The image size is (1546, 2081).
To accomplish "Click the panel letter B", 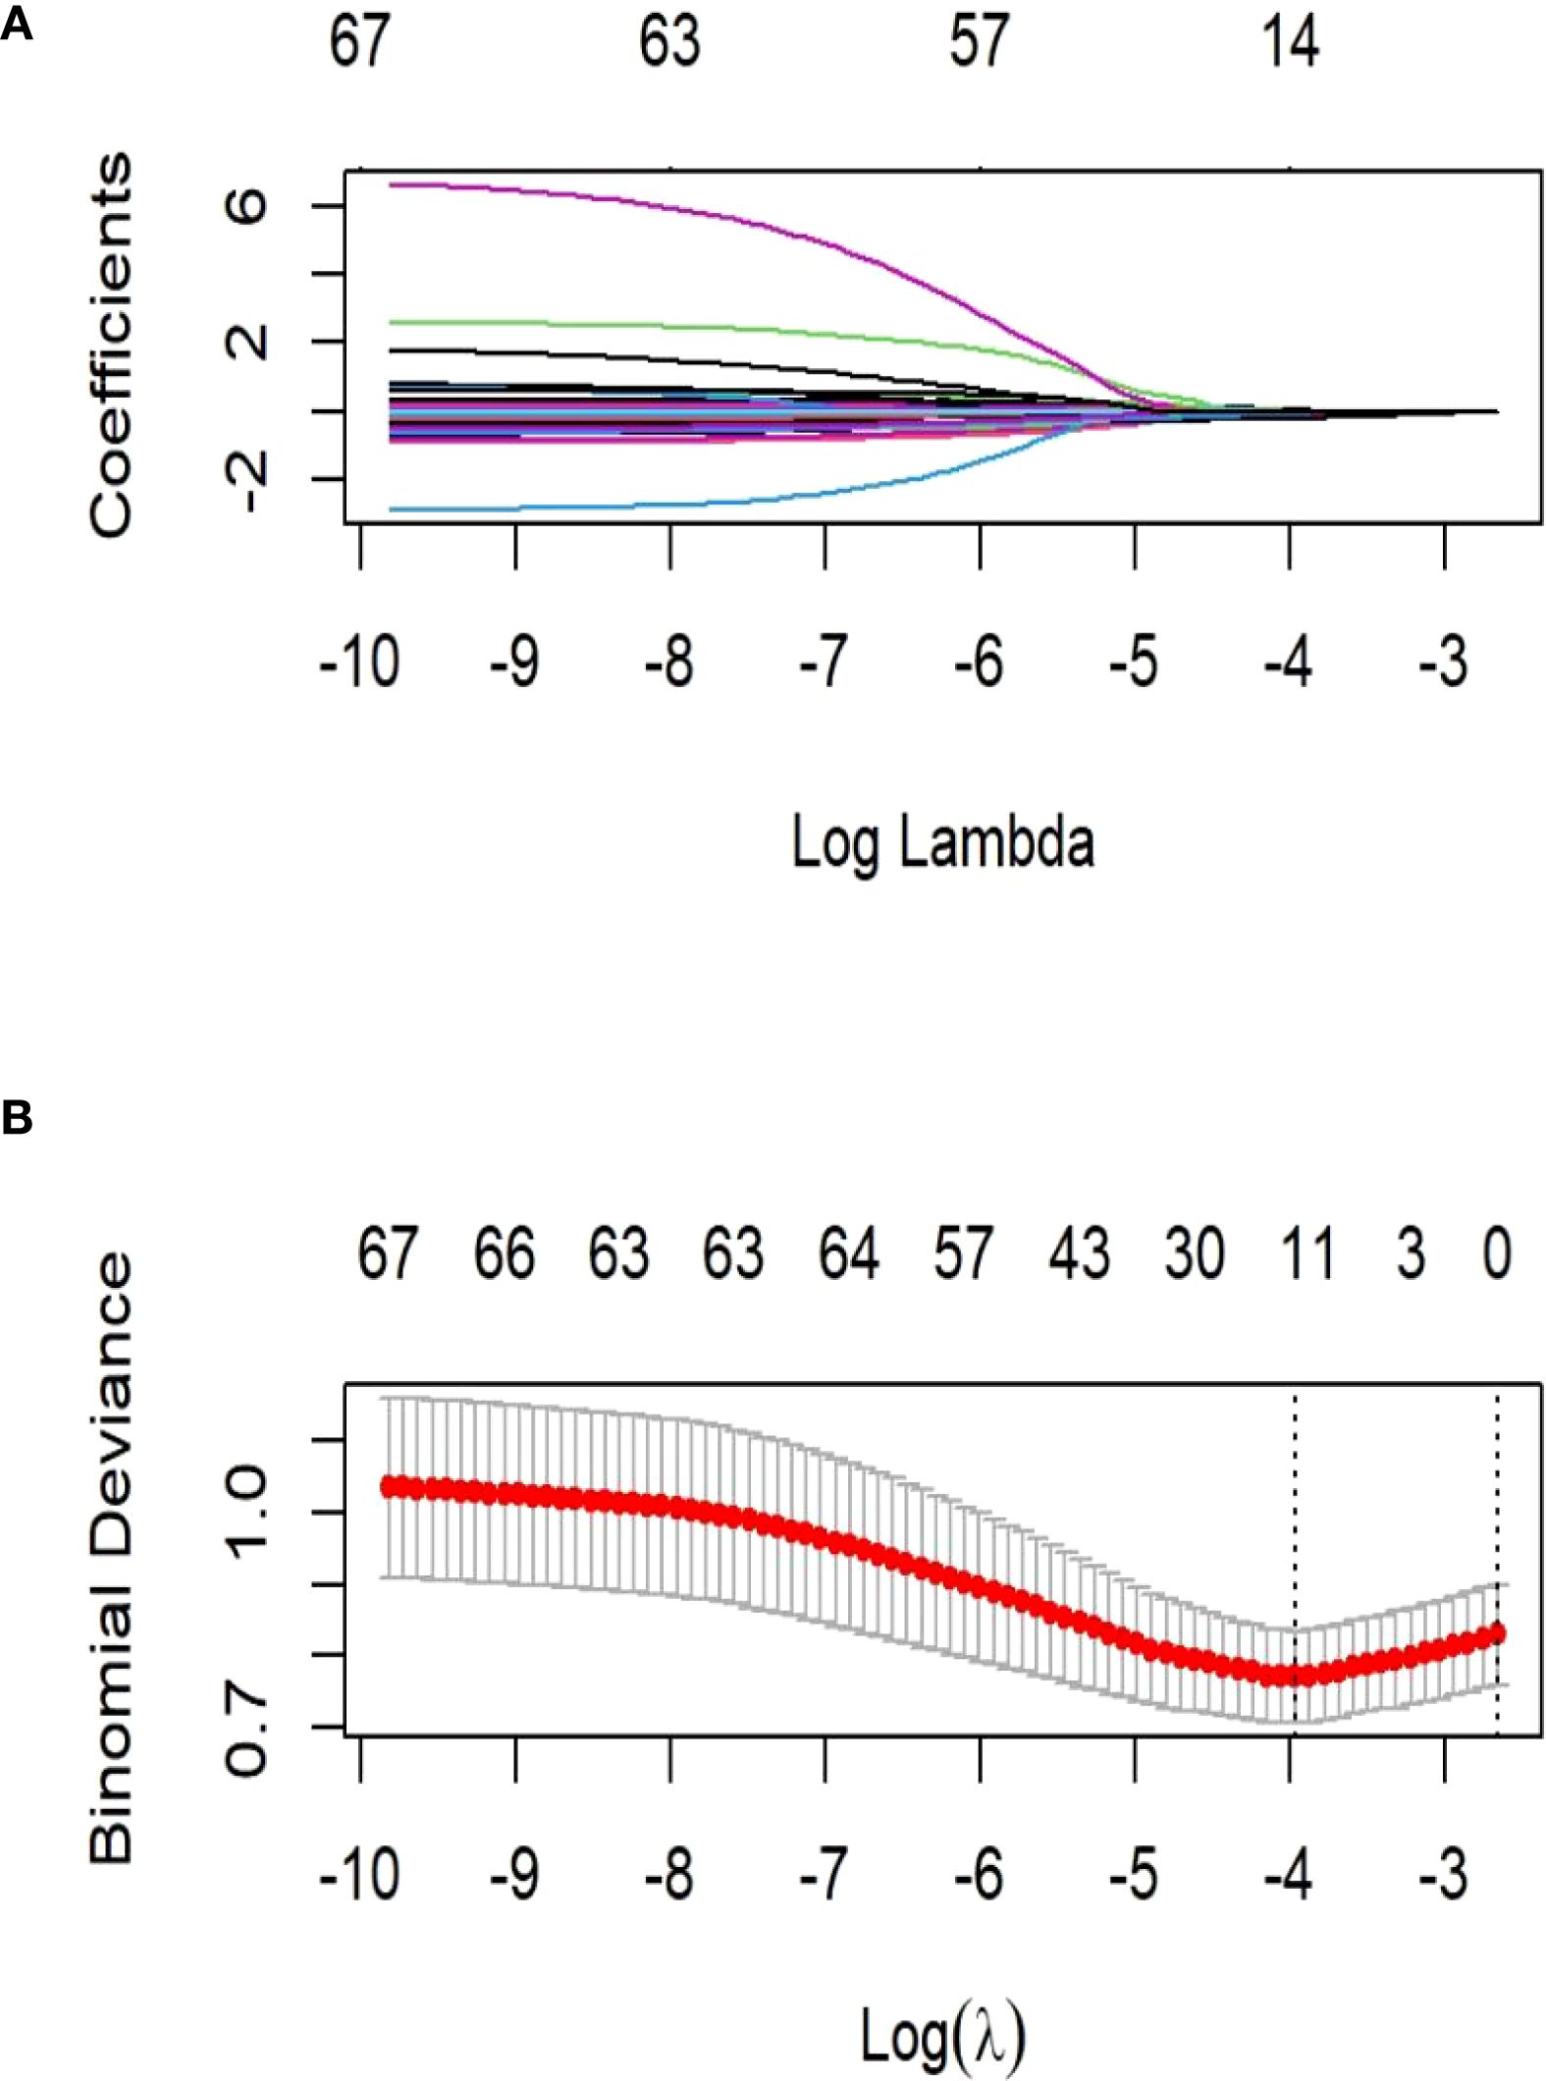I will tap(17, 1118).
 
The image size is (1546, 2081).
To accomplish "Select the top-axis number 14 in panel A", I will tap(1290, 43).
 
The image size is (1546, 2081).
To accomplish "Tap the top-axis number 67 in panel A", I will tap(359, 43).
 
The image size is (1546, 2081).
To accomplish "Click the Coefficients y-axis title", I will tap(110, 346).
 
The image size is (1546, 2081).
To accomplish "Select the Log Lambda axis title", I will tap(942, 842).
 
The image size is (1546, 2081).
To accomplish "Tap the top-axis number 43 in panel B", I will tap(1079, 1254).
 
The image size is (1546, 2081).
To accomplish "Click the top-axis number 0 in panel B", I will tap(1496, 1254).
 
